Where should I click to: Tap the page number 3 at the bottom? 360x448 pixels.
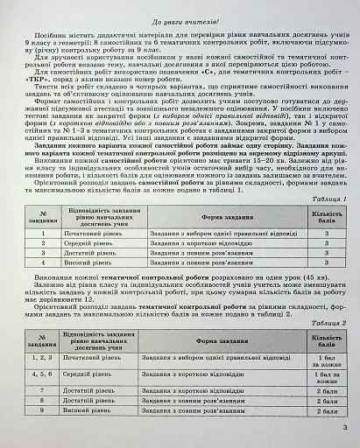click(x=345, y=427)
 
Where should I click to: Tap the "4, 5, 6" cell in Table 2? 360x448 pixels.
click(x=41, y=373)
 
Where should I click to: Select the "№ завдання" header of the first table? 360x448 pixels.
click(x=41, y=217)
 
